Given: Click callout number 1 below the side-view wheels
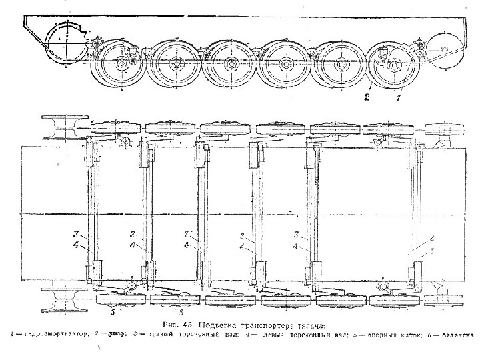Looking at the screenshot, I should (399, 97).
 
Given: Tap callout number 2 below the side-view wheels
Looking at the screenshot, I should (366, 97).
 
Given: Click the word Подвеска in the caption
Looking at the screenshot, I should (208, 325).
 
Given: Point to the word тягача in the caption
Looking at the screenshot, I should (307, 325).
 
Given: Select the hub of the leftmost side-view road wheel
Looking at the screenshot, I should (121, 67).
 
